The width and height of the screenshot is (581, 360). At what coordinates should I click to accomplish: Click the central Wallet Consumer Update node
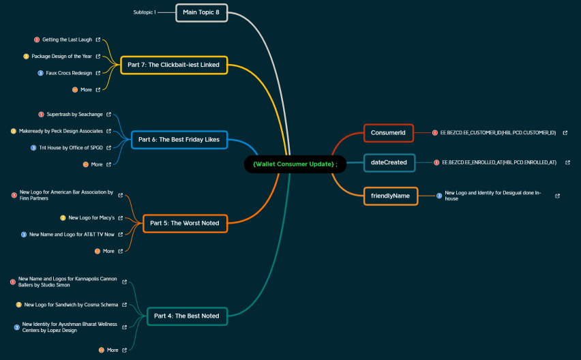(295, 164)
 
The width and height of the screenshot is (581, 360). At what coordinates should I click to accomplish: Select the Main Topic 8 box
(202, 12)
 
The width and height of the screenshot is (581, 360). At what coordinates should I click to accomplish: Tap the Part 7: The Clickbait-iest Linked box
(174, 65)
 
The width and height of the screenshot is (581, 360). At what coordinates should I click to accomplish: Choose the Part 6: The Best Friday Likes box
(179, 140)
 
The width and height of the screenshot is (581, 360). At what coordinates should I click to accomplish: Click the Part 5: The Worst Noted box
(185, 224)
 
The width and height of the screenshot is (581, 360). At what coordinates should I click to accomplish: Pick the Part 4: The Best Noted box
(187, 316)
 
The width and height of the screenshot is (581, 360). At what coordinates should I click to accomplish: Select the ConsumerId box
(388, 133)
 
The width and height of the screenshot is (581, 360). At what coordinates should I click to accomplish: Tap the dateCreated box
(389, 162)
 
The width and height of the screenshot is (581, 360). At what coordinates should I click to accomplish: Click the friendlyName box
(391, 196)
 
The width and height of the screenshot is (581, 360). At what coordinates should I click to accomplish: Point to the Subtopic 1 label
(145, 12)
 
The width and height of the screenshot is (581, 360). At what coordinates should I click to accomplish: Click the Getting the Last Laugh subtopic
(67, 40)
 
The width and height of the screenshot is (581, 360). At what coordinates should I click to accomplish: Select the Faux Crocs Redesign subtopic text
(69, 73)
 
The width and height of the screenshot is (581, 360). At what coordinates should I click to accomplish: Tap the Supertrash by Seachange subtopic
(74, 115)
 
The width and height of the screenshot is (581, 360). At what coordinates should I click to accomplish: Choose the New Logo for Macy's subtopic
(91, 217)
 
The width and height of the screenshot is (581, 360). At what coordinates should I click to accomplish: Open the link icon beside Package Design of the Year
(98, 57)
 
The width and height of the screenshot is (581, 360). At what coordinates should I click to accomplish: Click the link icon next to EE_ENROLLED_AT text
(567, 162)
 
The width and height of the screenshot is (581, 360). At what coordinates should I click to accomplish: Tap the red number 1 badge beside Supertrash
(41, 115)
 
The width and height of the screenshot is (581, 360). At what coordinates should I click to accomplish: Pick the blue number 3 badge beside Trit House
(33, 148)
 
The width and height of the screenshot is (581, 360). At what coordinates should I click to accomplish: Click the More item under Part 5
(108, 251)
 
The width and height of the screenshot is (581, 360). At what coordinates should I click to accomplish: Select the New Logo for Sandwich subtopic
(71, 305)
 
